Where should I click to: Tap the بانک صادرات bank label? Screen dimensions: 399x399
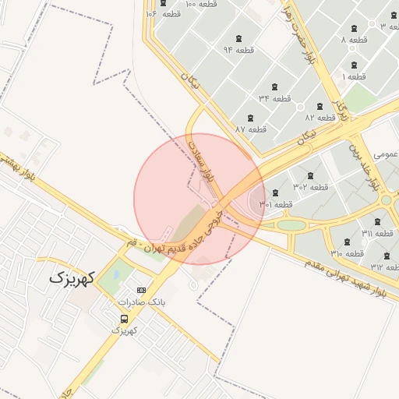click(x=141, y=301)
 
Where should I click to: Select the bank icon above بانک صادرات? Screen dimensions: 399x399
click(x=141, y=290)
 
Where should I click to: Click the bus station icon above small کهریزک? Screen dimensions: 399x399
click(x=125, y=319)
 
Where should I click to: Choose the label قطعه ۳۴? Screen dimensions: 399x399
click(x=274, y=98)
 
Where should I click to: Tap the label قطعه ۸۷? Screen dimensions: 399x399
click(x=251, y=129)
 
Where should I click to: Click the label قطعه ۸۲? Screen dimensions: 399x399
click(x=320, y=117)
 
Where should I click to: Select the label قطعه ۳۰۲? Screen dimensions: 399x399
click(x=311, y=186)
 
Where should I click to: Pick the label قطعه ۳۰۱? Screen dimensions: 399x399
click(x=276, y=204)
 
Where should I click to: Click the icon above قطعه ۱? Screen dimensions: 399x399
click(x=355, y=65)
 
